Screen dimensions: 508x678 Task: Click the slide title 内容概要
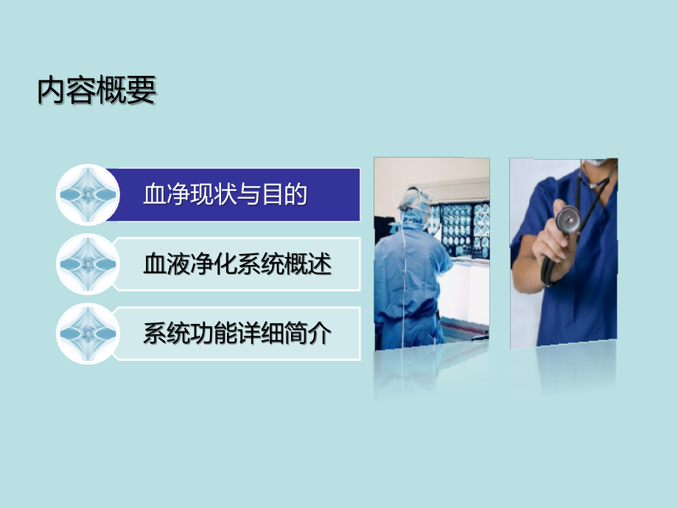(x=97, y=91)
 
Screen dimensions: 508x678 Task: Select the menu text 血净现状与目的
(x=225, y=195)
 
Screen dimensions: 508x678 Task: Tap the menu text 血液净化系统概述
(x=237, y=264)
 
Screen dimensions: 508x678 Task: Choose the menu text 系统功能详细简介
(x=237, y=334)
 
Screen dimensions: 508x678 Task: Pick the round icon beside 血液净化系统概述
(x=88, y=264)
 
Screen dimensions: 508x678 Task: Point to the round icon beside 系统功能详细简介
(x=88, y=334)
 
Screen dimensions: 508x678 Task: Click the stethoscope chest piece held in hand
(x=567, y=219)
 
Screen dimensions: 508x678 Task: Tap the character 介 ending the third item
(x=321, y=334)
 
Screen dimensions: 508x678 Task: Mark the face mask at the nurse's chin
(x=598, y=163)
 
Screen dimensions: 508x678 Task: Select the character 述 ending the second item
(x=321, y=264)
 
